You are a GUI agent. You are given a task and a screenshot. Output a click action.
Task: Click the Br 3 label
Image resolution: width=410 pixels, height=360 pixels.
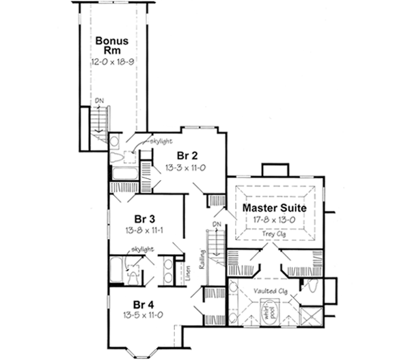click(142, 219)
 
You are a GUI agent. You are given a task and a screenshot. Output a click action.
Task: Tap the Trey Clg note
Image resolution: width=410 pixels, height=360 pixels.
click(273, 234)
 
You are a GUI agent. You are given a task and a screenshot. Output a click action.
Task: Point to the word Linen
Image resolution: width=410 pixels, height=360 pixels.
click(188, 271)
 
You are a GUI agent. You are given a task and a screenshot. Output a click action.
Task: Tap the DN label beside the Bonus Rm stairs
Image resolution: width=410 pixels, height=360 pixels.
click(100, 102)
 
